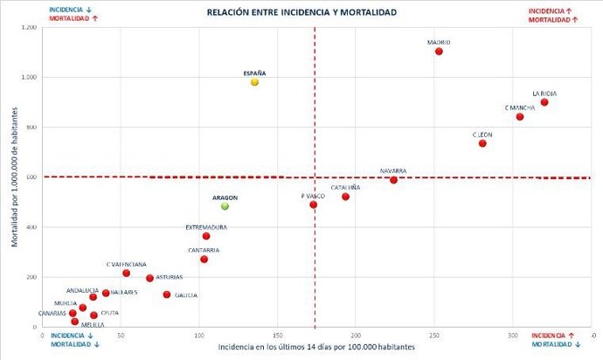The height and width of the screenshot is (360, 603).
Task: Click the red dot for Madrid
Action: point(439,52)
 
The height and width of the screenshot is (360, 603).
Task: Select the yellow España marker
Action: point(254,82)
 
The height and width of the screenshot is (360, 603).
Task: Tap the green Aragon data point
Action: point(225,206)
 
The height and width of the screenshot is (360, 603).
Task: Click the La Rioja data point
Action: point(544,102)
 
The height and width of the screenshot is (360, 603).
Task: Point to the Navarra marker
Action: point(393,180)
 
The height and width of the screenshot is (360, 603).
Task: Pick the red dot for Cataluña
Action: point(345,197)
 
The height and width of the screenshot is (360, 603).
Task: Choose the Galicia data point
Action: point(167,294)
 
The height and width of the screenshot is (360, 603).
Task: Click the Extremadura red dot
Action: point(206,236)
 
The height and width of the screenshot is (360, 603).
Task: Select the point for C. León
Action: point(482,143)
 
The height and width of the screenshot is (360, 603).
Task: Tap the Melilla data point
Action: point(75,322)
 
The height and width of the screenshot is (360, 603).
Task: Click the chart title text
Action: point(301,12)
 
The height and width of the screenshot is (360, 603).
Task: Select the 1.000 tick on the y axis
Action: point(30,78)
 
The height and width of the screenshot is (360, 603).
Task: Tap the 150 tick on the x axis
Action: point(277,335)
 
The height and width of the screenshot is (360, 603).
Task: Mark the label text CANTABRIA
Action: point(204,250)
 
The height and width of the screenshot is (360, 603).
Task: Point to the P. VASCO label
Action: point(313,197)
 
